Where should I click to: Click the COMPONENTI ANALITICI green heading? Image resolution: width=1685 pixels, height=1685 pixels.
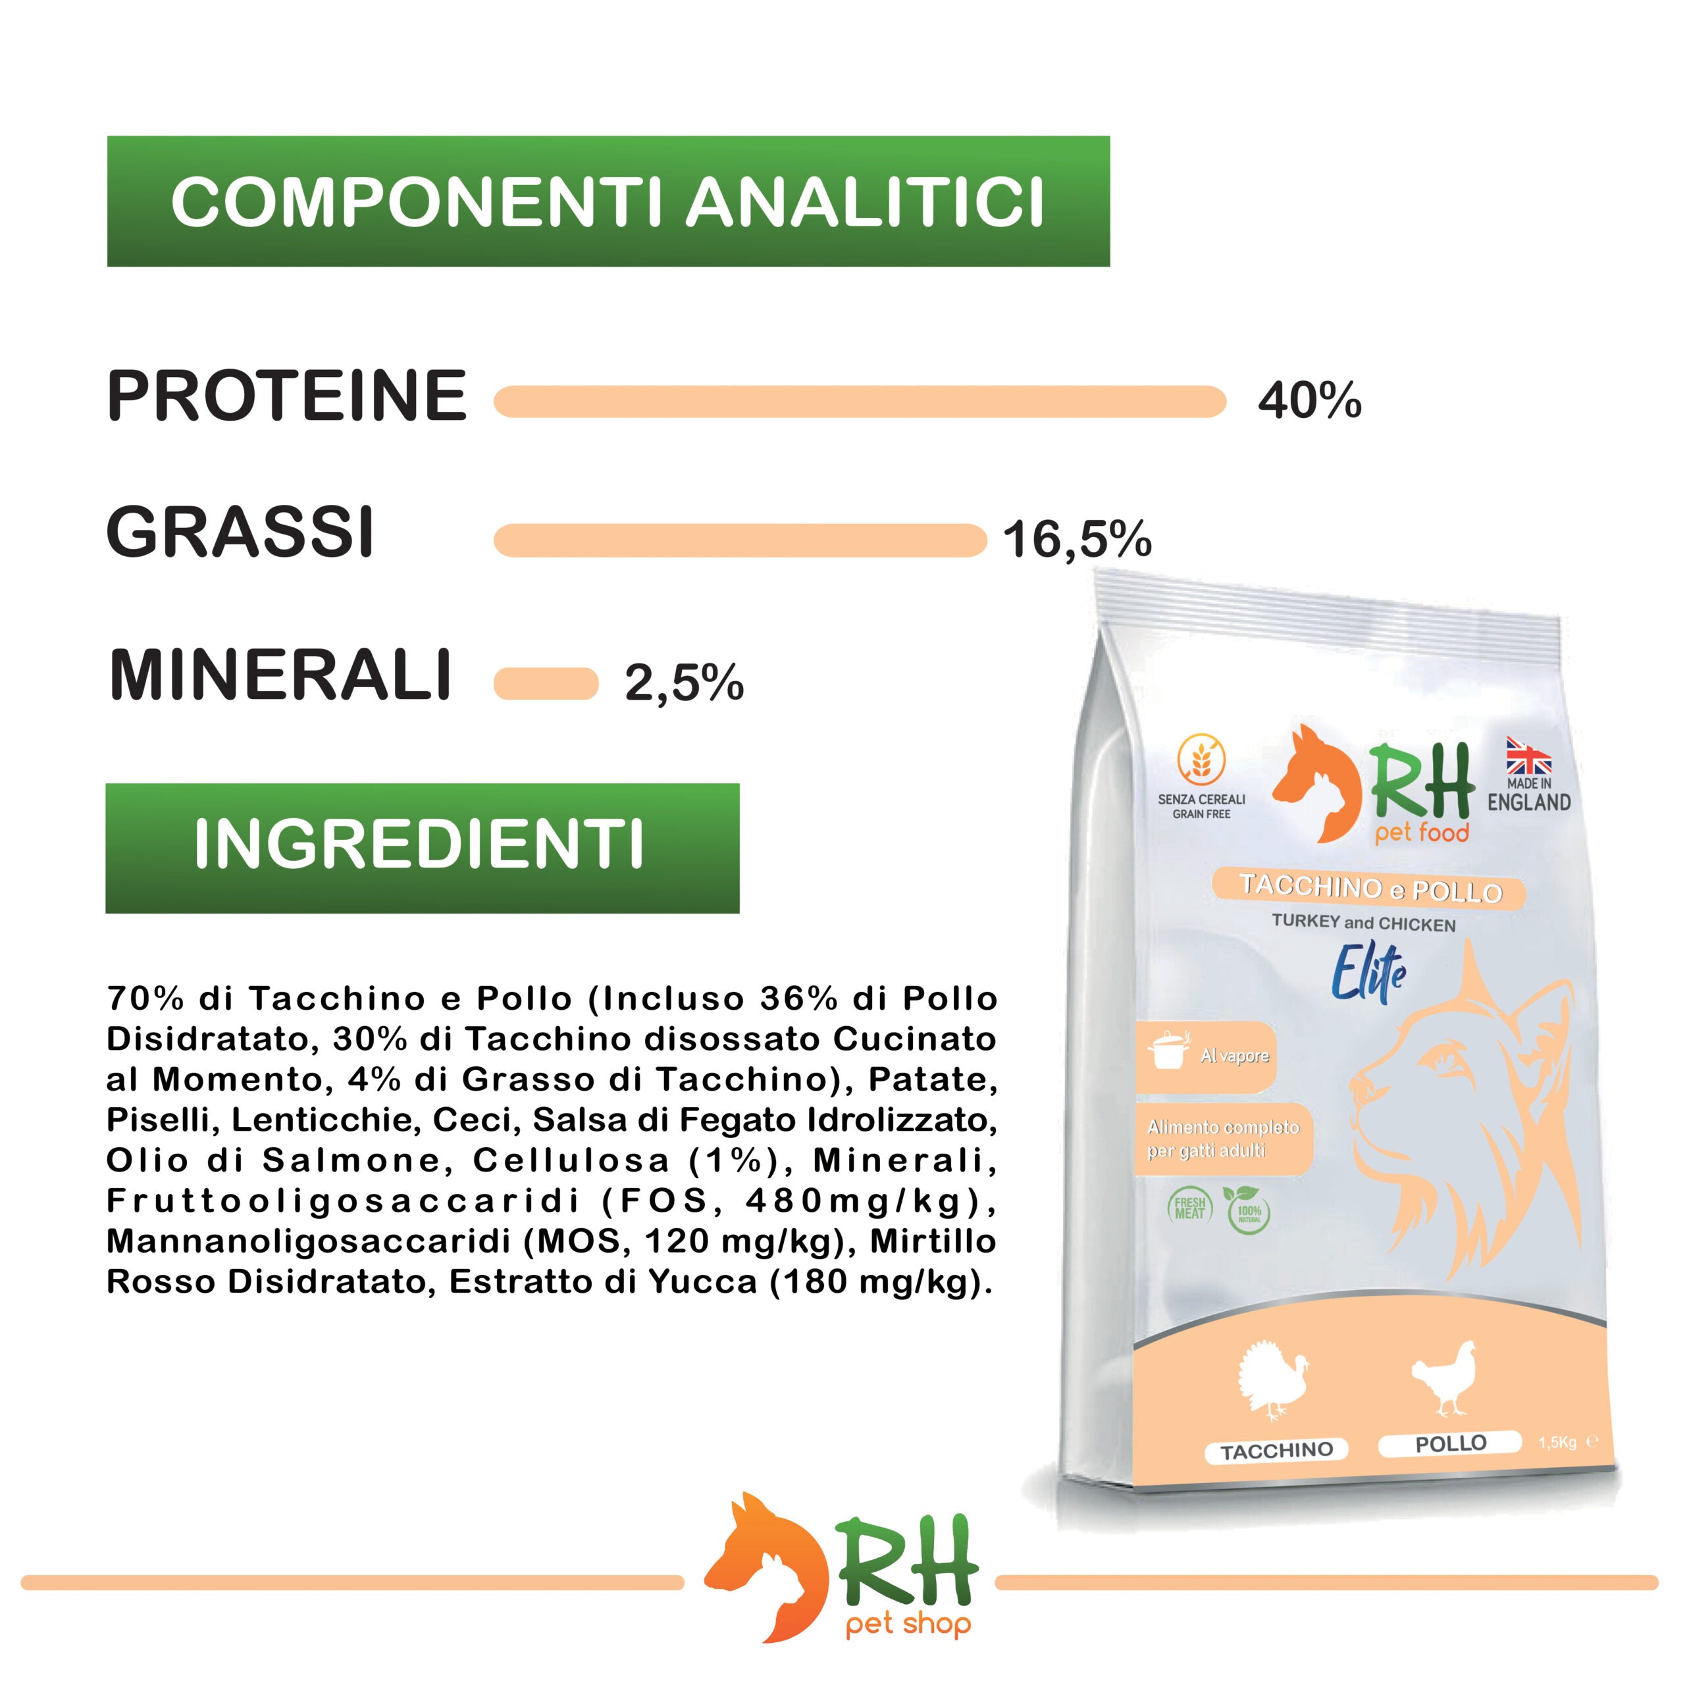click(x=608, y=201)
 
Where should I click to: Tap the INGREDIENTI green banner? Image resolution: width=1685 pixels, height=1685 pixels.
click(x=422, y=848)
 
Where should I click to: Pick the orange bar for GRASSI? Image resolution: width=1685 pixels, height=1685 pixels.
click(x=740, y=540)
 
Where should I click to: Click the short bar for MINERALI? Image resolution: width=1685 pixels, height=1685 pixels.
click(x=546, y=684)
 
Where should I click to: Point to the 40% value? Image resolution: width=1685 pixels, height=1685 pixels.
click(x=1309, y=402)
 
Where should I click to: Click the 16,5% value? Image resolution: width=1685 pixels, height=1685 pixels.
click(x=1077, y=540)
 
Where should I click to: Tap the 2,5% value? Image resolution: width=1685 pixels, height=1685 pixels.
click(x=685, y=683)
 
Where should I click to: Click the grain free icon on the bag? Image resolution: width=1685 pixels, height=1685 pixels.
click(x=1201, y=758)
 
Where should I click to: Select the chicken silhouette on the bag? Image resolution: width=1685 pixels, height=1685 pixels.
click(x=1444, y=1390)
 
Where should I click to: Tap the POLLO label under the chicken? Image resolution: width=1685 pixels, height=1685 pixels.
click(x=1451, y=1444)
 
